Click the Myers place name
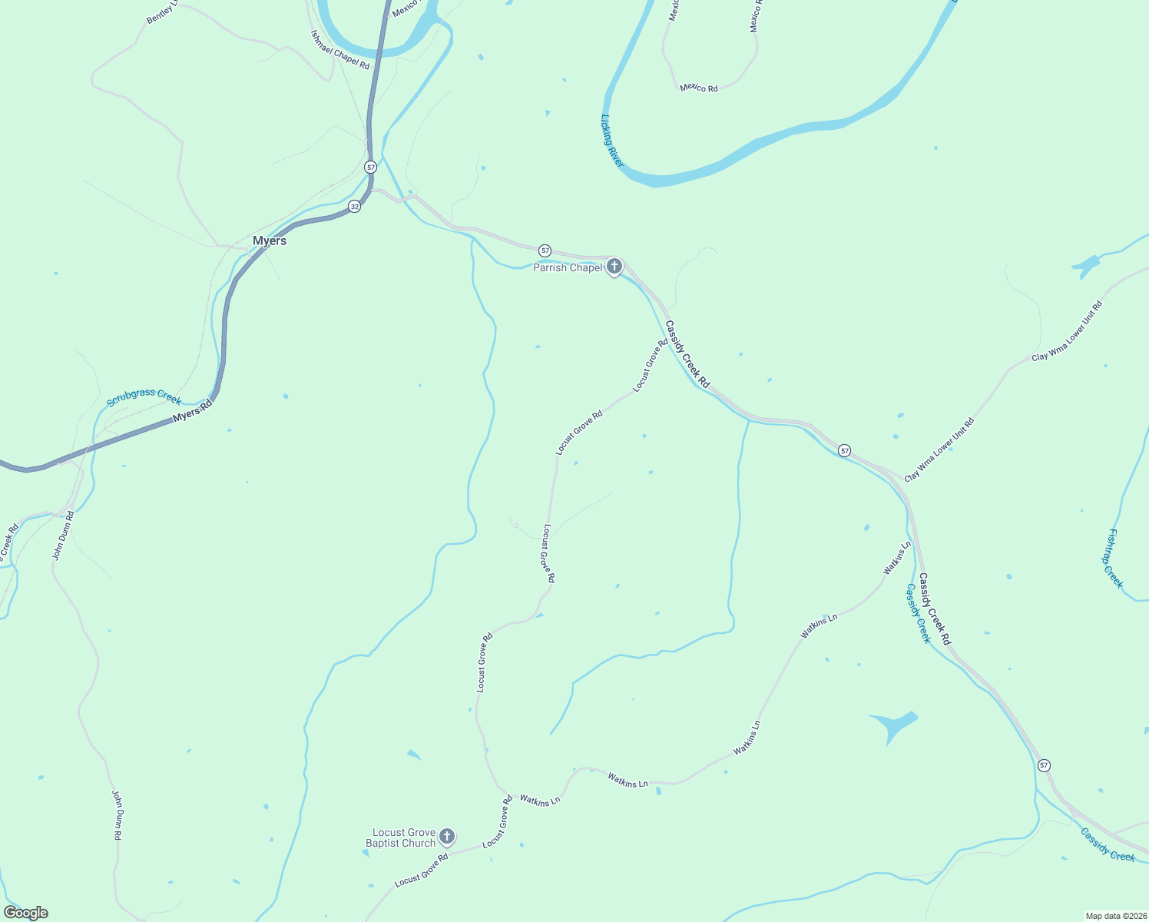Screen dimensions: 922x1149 [x=270, y=241]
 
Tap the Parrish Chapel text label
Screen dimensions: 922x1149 [x=568, y=267]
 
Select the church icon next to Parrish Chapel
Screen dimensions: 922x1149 [x=614, y=267]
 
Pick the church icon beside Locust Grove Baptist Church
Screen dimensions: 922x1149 [x=446, y=837]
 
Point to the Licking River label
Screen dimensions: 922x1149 [x=612, y=141]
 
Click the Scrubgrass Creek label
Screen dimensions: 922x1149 [x=144, y=397]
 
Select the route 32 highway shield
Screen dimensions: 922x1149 [x=354, y=207]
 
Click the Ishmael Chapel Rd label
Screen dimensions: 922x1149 [x=339, y=50]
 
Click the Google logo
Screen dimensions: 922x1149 [x=26, y=913]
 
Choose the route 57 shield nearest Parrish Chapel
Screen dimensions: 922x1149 [x=545, y=250]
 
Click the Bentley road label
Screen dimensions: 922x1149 [x=161, y=12]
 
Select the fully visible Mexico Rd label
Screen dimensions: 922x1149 [x=699, y=88]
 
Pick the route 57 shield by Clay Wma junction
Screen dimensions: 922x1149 [x=845, y=451]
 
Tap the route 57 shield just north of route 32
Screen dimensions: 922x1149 [x=371, y=167]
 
